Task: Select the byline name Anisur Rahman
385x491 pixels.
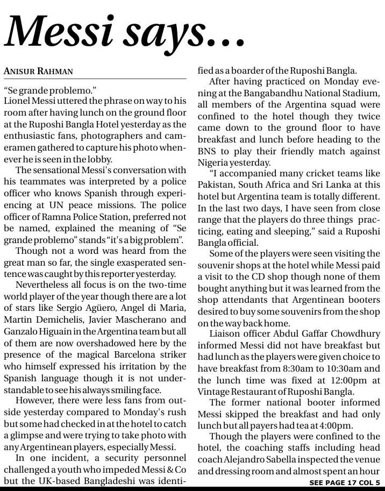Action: coord(38,71)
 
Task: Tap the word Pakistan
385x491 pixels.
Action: coord(216,186)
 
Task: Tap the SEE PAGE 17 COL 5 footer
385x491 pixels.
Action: coord(344,483)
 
